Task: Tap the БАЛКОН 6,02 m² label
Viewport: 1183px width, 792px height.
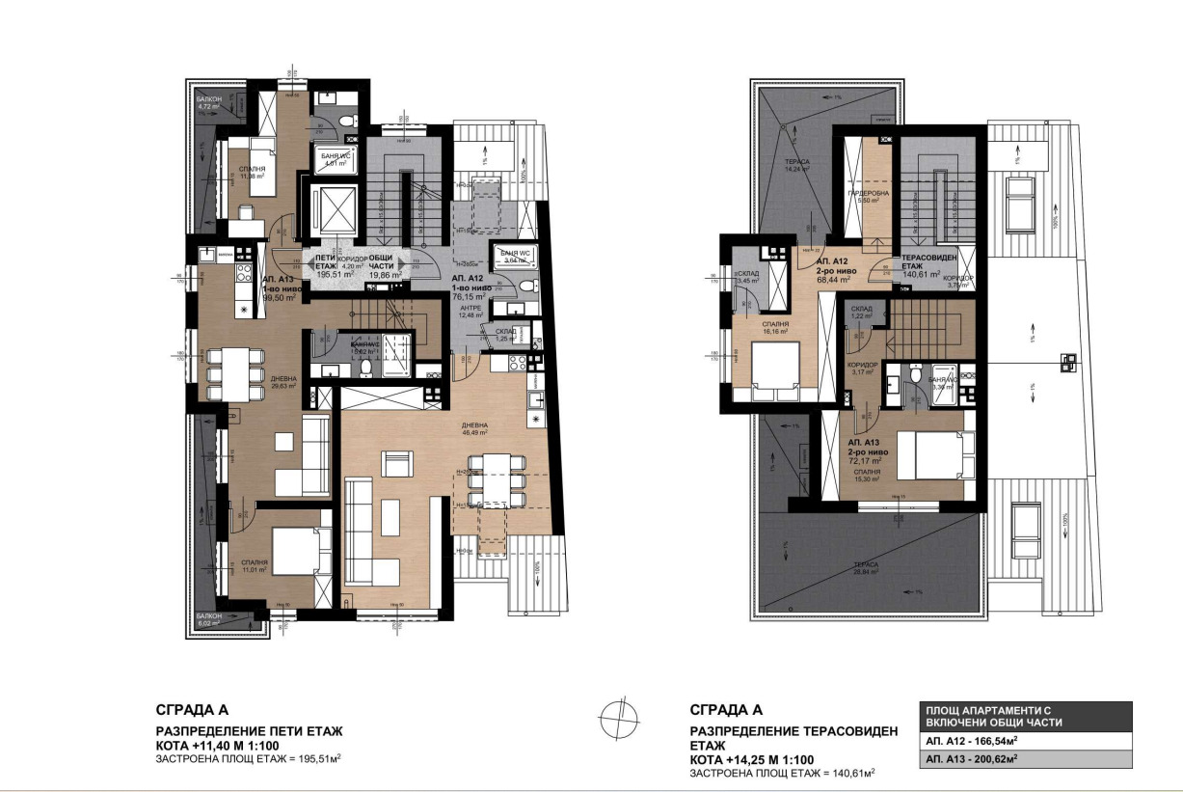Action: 209,618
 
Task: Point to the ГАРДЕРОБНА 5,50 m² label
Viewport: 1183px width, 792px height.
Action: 862,196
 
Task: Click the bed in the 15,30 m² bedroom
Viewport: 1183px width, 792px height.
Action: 928,452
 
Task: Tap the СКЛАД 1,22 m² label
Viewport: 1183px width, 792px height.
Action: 862,312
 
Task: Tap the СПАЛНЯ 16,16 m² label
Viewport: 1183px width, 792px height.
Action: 774,328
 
